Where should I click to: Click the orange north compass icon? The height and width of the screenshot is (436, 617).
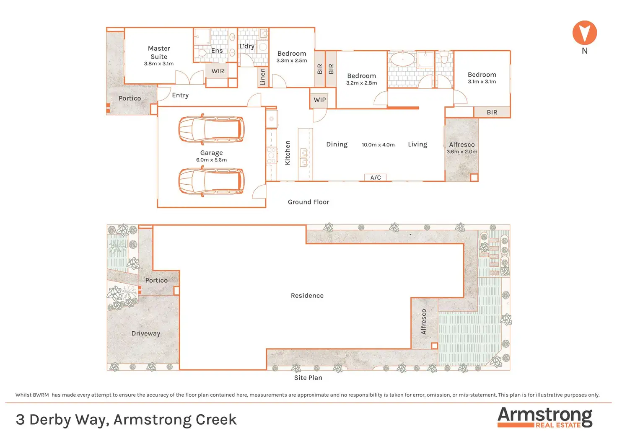584,33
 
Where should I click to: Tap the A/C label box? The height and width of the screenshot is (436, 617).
376,178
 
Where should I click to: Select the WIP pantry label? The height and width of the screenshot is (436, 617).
319,100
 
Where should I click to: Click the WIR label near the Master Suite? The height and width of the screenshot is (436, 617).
218,71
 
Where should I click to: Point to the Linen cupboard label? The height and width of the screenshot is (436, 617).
263,77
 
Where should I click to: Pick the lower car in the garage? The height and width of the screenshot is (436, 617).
211,181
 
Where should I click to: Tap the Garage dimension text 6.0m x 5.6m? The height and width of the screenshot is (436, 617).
211,160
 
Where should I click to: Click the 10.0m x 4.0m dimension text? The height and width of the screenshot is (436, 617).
378,145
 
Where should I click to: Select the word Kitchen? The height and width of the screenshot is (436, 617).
288,152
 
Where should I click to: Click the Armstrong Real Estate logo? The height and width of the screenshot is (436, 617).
544,417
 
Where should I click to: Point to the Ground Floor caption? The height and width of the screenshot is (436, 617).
308,202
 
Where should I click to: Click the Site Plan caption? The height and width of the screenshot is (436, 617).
308,378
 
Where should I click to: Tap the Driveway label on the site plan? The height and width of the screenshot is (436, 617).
145,333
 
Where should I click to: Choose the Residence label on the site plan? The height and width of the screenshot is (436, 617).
307,296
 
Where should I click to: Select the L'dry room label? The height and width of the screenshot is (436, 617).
247,46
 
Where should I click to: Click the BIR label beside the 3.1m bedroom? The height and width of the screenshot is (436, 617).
492,112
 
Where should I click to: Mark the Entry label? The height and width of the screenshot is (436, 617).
180,95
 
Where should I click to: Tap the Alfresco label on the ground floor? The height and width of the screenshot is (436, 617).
461,144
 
